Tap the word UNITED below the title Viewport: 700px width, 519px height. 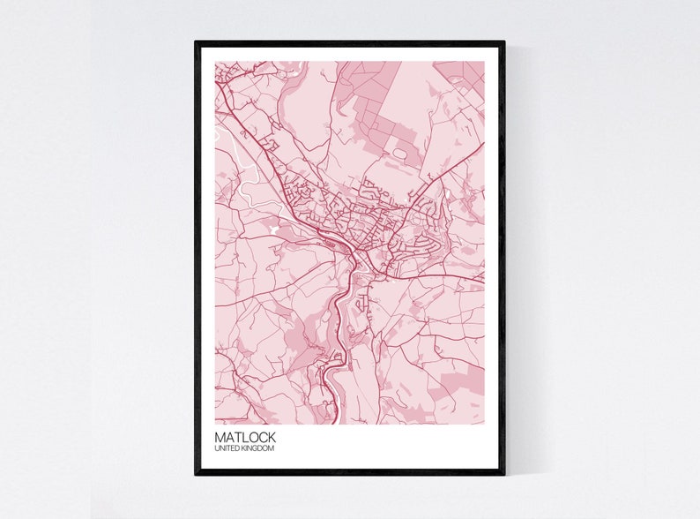(x=227, y=449)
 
